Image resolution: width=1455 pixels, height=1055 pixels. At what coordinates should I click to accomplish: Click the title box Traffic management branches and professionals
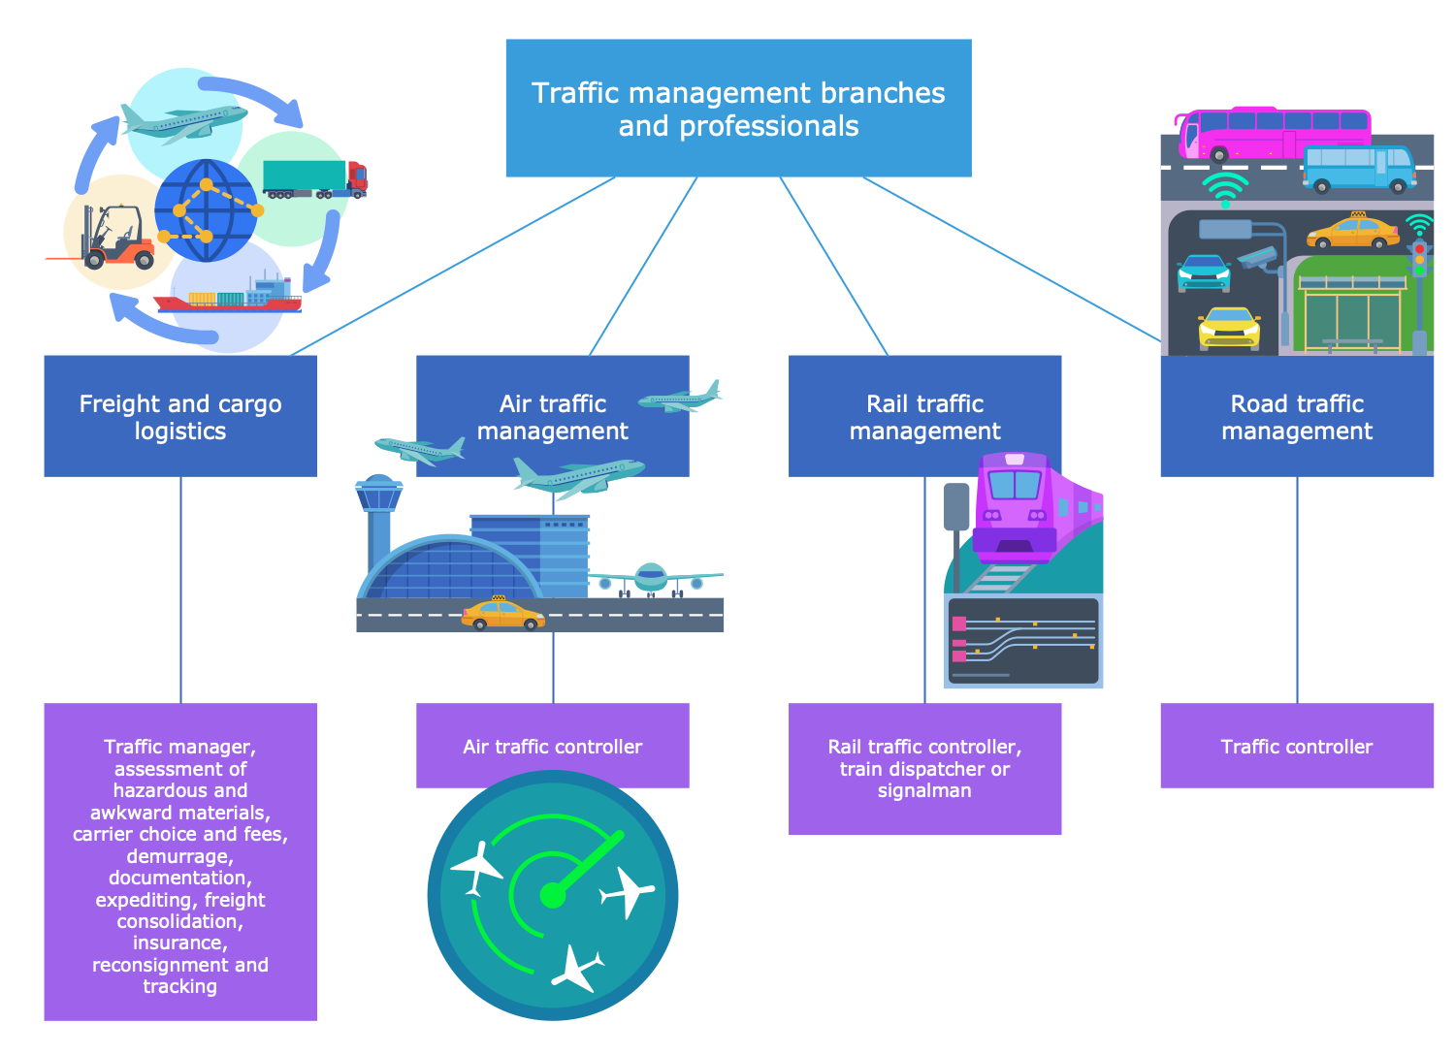click(x=738, y=109)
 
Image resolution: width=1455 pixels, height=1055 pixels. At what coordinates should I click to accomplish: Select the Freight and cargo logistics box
click(x=180, y=417)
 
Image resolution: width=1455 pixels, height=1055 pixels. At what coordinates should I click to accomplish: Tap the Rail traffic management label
click(x=924, y=417)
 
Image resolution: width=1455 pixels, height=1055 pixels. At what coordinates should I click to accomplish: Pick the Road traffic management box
click(x=1297, y=417)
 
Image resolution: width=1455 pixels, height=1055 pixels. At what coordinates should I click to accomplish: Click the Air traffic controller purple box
click(x=553, y=746)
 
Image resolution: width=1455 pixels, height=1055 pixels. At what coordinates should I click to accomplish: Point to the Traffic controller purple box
click(x=1297, y=746)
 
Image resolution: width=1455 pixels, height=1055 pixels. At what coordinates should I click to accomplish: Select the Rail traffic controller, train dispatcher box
click(x=924, y=768)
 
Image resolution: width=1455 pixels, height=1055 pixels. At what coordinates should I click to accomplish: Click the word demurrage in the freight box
click(x=180, y=856)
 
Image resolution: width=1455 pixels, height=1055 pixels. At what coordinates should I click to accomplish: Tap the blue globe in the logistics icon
click(x=207, y=211)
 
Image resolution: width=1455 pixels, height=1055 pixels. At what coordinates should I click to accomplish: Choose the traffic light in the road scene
click(x=1419, y=260)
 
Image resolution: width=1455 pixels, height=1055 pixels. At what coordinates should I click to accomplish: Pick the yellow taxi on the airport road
click(x=502, y=614)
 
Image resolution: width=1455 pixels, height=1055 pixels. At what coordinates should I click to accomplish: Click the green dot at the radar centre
click(x=552, y=895)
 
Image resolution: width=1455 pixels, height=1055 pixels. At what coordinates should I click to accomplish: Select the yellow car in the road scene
click(x=1229, y=328)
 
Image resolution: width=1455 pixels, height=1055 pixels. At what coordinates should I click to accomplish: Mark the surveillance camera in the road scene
click(x=1258, y=258)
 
